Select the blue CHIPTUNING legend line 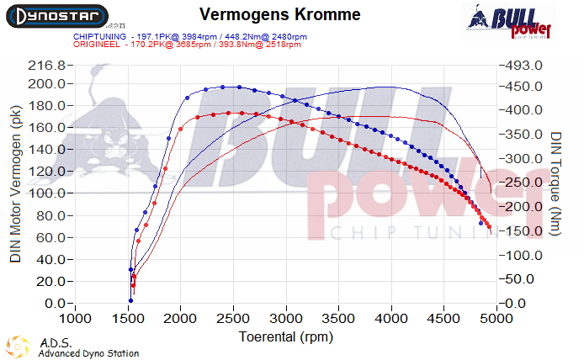coord(188,37)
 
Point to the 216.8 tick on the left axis coord(46,66)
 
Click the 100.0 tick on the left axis coord(46,194)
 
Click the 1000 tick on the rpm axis coord(76,319)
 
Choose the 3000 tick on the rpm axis coord(287,319)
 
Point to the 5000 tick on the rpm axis coord(497,319)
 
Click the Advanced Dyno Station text coord(88,353)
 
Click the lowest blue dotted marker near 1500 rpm coord(130,300)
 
